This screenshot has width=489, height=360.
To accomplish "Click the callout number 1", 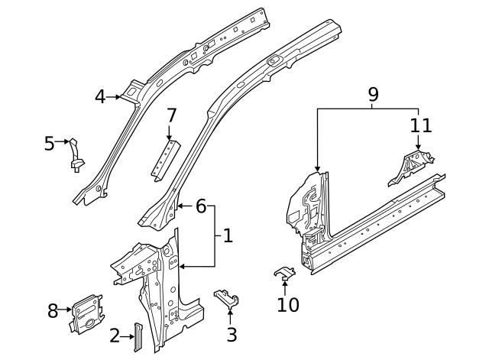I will [228, 236].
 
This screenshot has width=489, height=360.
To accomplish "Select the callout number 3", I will [232, 334].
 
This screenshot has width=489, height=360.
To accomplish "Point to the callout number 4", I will [100, 96].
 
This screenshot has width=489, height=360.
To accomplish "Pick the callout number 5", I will [49, 143].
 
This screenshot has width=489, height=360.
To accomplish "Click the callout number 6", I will [201, 206].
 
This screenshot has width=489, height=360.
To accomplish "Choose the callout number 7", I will [171, 115].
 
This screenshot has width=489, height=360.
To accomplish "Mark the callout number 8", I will [53, 310].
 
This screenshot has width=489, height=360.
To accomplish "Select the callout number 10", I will [288, 305].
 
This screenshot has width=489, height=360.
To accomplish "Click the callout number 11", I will [421, 125].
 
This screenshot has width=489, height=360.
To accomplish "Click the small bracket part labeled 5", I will [76, 154].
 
